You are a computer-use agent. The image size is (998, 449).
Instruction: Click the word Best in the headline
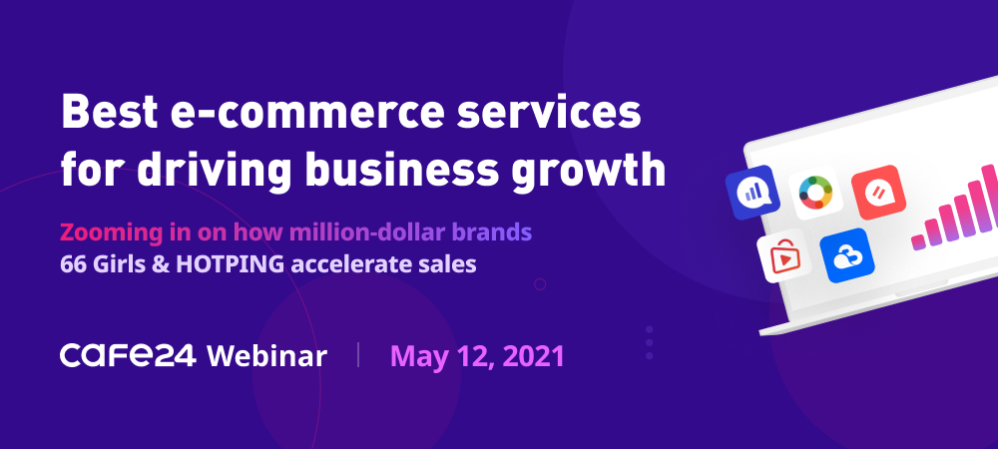click(109, 113)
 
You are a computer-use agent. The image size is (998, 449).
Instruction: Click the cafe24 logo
click(128, 355)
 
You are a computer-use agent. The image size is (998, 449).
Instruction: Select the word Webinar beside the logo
click(266, 355)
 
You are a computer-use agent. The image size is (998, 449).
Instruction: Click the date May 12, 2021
click(477, 357)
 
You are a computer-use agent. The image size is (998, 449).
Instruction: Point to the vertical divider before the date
click(358, 355)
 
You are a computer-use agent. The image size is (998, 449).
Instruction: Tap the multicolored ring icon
click(816, 193)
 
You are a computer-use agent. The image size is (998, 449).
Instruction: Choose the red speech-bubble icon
click(878, 192)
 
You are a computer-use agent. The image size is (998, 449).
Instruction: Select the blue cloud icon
click(847, 255)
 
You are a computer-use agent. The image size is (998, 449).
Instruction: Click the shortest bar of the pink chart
click(918, 242)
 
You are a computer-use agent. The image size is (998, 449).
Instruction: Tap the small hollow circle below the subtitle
click(540, 284)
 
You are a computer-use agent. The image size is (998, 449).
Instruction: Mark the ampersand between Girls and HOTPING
click(164, 264)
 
